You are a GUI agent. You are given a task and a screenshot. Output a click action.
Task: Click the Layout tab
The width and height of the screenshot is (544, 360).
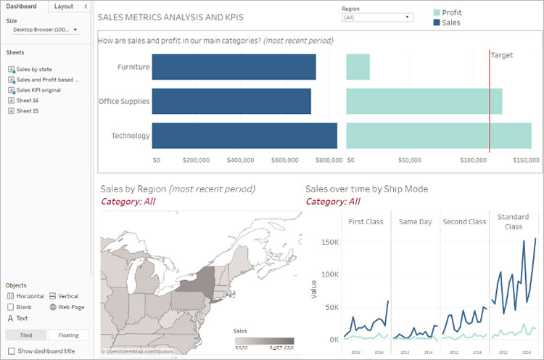63,6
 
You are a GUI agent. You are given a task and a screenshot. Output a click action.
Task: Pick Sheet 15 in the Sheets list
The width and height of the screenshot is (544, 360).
27,111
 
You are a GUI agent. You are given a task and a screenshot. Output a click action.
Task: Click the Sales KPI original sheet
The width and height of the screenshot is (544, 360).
38,90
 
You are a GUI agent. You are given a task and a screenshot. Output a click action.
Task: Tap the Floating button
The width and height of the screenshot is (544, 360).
68,335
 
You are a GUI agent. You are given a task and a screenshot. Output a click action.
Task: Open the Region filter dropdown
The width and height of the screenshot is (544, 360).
376,17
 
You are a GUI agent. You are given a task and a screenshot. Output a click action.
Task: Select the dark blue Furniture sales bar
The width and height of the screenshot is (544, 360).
234,67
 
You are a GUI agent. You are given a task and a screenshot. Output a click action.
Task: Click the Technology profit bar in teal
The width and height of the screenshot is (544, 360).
438,136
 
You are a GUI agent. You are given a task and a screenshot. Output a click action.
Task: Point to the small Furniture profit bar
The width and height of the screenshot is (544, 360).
358,67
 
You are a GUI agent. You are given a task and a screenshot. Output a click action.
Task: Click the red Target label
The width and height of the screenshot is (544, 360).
501,55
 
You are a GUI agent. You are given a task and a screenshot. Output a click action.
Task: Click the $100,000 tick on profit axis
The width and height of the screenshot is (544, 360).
473,160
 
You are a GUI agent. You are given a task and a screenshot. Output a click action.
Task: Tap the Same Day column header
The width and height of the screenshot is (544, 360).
415,221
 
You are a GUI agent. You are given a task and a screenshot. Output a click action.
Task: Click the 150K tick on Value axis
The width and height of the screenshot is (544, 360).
330,241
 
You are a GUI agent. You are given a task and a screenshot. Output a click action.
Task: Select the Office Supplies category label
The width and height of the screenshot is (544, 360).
124,101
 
